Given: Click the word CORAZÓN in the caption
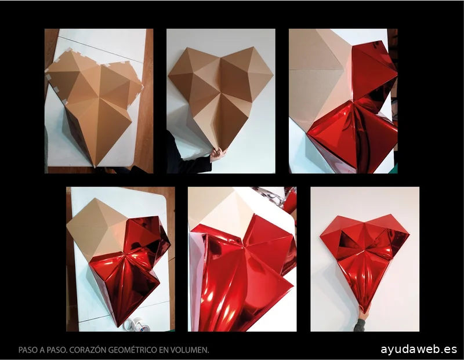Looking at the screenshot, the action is pos(88,350).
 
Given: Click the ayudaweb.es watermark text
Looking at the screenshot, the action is pos(419,349).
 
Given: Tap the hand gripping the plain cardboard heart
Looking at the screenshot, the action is pos(218,154).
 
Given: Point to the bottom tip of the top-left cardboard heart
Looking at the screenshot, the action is pos(95,168).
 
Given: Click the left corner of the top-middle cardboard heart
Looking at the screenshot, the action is pos(168,76).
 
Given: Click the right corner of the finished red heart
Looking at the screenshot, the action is pos(409,234).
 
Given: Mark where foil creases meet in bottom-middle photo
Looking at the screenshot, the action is pos(244,245).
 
